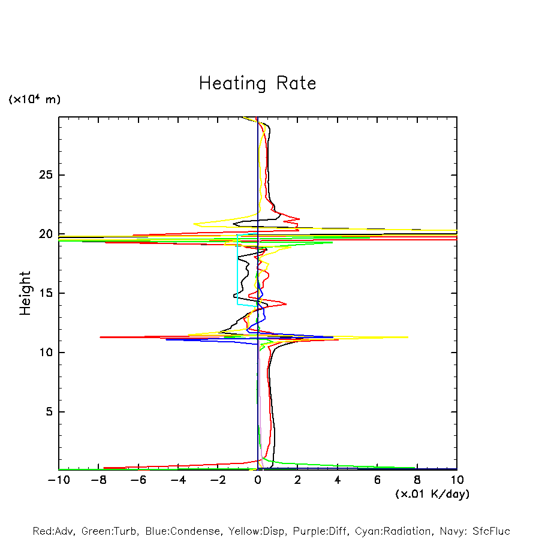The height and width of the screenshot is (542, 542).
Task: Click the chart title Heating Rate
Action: tap(257, 83)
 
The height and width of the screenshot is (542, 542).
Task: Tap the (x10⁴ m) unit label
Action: tap(34, 100)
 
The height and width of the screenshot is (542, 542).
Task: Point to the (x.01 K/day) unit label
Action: tap(432, 494)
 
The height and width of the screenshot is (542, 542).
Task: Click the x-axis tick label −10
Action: tap(58, 480)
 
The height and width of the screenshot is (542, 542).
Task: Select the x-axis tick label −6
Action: tap(138, 480)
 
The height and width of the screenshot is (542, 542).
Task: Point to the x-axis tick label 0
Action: tap(258, 480)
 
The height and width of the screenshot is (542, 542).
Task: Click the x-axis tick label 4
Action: tap(338, 480)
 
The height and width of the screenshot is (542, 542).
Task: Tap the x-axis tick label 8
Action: tap(417, 480)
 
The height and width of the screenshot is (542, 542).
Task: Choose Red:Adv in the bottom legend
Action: tap(54, 531)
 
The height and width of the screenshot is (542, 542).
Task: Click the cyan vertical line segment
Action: tap(237, 270)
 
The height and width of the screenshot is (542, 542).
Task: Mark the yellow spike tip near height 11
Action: tap(408, 337)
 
